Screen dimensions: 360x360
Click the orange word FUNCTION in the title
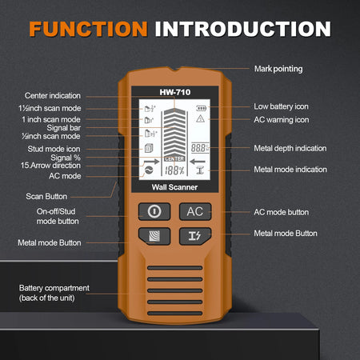pos(87,30)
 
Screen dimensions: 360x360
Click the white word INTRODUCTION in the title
pos(242,30)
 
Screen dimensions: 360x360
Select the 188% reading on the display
pos(174,171)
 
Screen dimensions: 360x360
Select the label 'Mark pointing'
pos(278,69)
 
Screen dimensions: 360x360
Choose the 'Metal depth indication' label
pos(290,148)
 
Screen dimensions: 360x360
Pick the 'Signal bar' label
pos(69,127)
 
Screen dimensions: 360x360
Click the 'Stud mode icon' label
pos(61,148)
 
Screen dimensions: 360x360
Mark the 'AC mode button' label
pos(281,212)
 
